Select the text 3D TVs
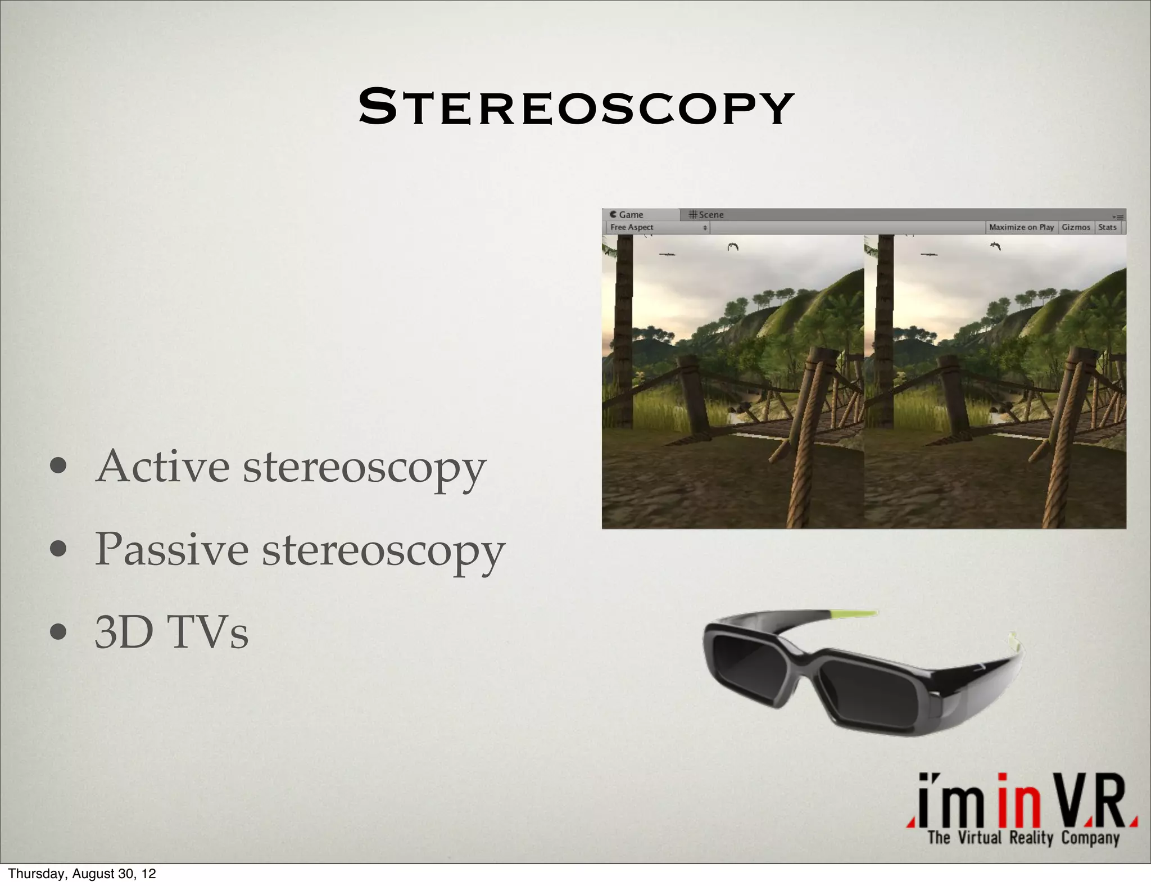(x=171, y=632)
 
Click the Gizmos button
(x=1076, y=227)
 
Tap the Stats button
(x=1107, y=227)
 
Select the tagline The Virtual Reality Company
(x=1023, y=838)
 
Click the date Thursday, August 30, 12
(x=82, y=874)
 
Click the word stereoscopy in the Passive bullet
(x=383, y=550)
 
